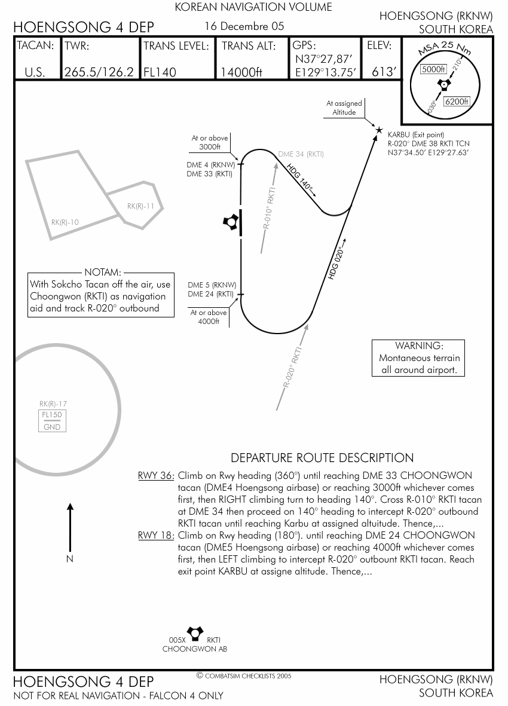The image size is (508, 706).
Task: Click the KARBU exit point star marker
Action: click(378, 130)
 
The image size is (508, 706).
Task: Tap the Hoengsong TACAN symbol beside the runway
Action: click(231, 222)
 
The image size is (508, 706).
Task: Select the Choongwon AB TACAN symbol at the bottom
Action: click(195, 632)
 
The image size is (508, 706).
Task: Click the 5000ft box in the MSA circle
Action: click(433, 69)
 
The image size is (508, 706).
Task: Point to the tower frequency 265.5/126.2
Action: click(99, 72)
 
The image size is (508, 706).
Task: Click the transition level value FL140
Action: click(160, 72)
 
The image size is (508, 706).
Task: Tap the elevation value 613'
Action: click(384, 72)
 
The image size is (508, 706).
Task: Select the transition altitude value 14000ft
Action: click(241, 72)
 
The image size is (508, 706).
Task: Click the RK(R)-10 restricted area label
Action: click(65, 222)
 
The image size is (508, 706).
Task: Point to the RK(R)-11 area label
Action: click(141, 206)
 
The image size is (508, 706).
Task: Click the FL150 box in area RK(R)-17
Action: click(52, 415)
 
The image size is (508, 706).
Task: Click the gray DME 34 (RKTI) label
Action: click(301, 154)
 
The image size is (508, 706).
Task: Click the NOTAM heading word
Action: click(103, 272)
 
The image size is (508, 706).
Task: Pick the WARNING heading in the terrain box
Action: click(418, 346)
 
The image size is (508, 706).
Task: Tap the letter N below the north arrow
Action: click(70, 559)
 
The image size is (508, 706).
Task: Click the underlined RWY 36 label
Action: click(155, 476)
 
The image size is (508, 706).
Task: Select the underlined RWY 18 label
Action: click(155, 536)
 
